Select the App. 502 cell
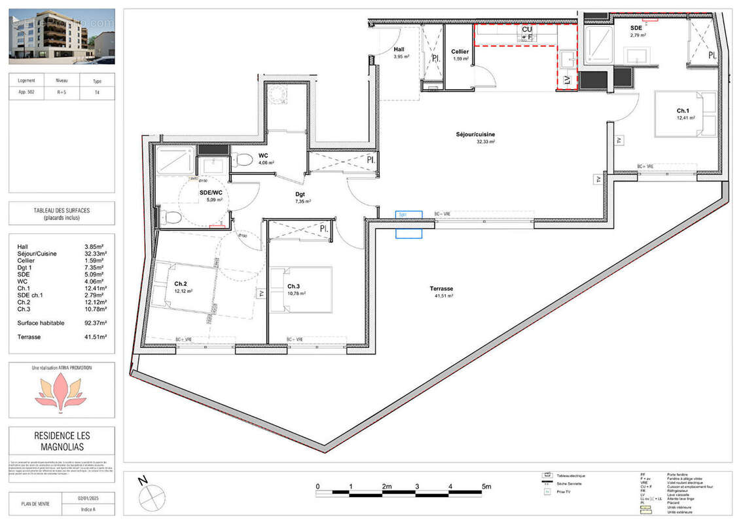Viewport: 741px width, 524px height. [26, 92]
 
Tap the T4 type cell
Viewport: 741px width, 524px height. [98, 92]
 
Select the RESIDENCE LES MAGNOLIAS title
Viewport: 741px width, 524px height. [62, 441]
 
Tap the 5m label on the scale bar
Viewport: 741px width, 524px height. [486, 487]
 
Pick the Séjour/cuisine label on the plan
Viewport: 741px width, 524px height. [476, 135]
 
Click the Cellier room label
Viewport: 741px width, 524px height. [460, 52]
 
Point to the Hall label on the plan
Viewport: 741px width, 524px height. [399, 50]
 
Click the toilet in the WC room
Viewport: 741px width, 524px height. [244, 159]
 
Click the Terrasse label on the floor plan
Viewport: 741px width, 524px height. [442, 288]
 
